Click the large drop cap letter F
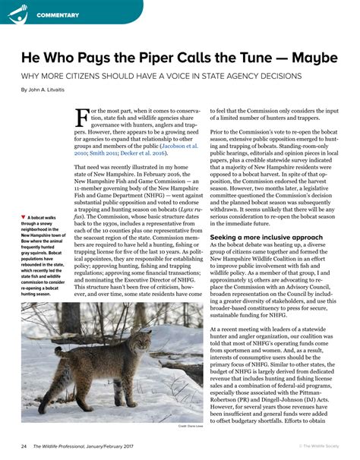(x=83, y=118)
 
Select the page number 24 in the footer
(x=25, y=446)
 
